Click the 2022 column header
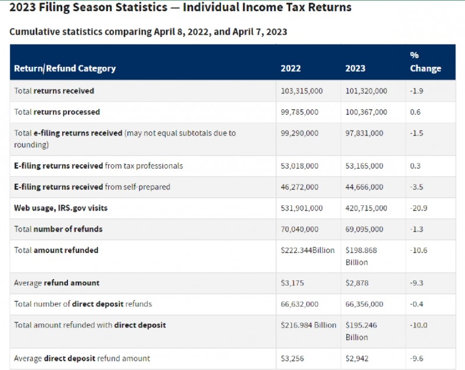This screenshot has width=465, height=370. pyautogui.click(x=291, y=68)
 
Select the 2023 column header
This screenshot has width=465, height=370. pyautogui.click(x=355, y=68)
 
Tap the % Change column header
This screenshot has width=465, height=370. pyautogui.click(x=425, y=62)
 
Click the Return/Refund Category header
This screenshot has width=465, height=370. pyautogui.click(x=65, y=69)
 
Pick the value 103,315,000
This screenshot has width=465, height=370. pyautogui.click(x=302, y=91)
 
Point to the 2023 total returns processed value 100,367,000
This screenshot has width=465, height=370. pyautogui.click(x=366, y=112)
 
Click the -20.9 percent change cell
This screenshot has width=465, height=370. pyautogui.click(x=419, y=208)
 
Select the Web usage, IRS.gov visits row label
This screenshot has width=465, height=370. pyautogui.click(x=60, y=208)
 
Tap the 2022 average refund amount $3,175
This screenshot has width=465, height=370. pyautogui.click(x=292, y=283)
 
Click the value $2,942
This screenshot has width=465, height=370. pyautogui.click(x=357, y=358)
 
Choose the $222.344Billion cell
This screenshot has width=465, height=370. pyautogui.click(x=307, y=250)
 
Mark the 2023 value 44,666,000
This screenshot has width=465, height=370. pyautogui.click(x=364, y=187)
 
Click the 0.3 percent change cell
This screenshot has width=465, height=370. pyautogui.click(x=415, y=166)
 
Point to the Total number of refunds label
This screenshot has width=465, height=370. pyautogui.click(x=58, y=229)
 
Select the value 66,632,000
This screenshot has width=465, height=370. pyautogui.click(x=299, y=304)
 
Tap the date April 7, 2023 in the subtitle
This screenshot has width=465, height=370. pyautogui.click(x=260, y=32)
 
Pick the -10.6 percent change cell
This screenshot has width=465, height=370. pyautogui.click(x=419, y=250)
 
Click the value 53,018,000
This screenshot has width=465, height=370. pyautogui.click(x=299, y=166)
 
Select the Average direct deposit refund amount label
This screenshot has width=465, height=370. pyautogui.click(x=82, y=358)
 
